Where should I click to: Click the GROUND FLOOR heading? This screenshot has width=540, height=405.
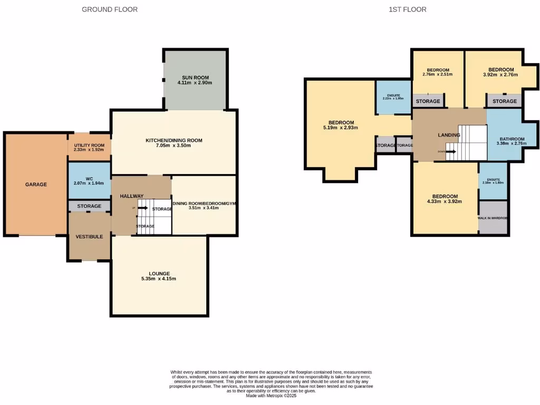click(x=110, y=9)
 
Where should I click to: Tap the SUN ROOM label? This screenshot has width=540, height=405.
click(x=195, y=77)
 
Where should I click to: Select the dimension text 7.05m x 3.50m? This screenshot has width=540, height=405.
click(x=174, y=146)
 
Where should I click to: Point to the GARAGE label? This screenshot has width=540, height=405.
click(x=36, y=185)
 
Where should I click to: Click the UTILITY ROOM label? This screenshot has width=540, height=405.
click(x=89, y=145)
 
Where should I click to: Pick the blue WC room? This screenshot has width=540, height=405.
click(x=89, y=180)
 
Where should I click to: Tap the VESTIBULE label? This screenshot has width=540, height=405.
click(x=89, y=237)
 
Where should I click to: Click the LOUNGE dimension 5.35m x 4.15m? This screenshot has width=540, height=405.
click(x=159, y=279)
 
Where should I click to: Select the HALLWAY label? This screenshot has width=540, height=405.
click(x=131, y=196)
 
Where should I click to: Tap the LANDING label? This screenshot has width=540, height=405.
click(x=449, y=135)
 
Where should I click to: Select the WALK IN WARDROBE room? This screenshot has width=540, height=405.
click(x=493, y=217)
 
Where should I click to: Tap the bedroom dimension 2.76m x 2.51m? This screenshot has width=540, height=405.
click(x=438, y=75)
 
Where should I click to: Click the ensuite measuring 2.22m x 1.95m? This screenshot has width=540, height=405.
click(x=393, y=97)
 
